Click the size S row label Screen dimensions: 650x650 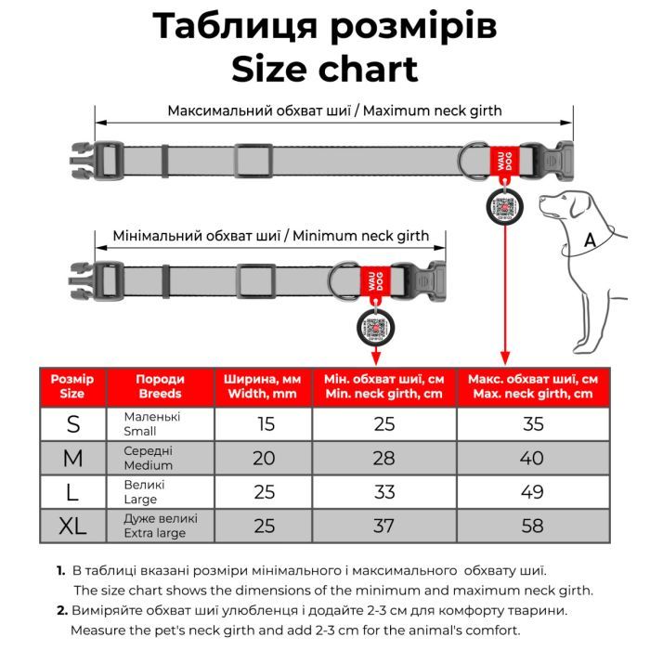click(x=73, y=423)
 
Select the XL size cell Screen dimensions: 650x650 click(x=73, y=526)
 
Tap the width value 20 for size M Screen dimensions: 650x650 click(x=264, y=458)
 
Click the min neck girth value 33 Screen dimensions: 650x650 click(x=383, y=492)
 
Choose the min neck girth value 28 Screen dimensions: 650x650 click(x=383, y=458)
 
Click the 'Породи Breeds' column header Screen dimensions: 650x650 click(x=160, y=386)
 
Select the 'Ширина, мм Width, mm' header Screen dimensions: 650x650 click(x=264, y=386)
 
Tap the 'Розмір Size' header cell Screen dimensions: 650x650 click(x=72, y=386)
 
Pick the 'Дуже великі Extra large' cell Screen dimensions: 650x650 click(x=160, y=526)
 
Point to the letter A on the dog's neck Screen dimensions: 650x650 click(x=589, y=240)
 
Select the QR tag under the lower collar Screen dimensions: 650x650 click(x=374, y=327)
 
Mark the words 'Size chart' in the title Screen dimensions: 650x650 click(x=324, y=69)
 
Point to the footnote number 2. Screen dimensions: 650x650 click(x=62, y=610)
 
